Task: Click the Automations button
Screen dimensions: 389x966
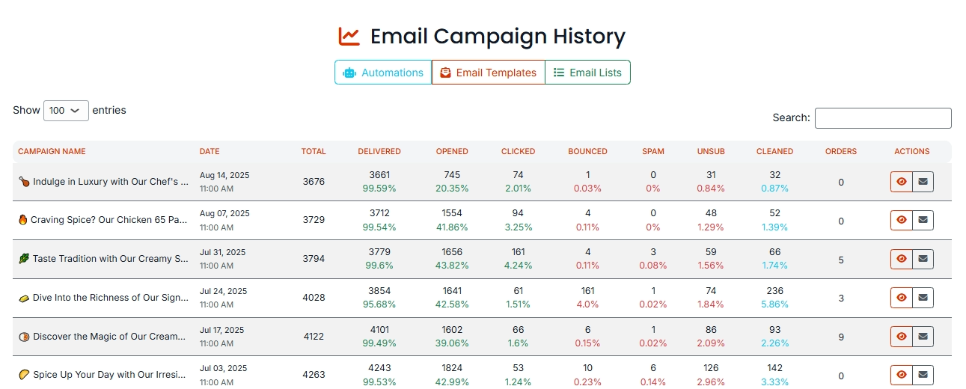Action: click(x=383, y=73)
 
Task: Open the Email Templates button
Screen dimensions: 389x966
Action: click(x=488, y=73)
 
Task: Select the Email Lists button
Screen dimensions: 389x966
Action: click(x=587, y=73)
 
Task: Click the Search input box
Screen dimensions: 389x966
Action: click(x=883, y=118)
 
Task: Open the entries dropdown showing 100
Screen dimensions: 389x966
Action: click(x=66, y=111)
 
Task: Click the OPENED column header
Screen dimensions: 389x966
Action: click(x=452, y=151)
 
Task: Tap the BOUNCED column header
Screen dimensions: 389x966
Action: click(x=587, y=151)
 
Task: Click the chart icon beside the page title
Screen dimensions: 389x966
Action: click(x=349, y=36)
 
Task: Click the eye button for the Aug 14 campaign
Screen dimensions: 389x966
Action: click(x=902, y=182)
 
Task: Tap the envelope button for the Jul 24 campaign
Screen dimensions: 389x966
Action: click(x=923, y=298)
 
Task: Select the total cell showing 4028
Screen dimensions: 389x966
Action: click(x=314, y=298)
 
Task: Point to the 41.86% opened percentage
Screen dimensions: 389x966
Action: click(x=452, y=227)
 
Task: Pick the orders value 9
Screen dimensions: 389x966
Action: click(x=841, y=337)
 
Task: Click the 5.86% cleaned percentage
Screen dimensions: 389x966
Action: click(x=774, y=304)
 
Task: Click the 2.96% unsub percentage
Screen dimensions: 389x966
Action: click(x=711, y=382)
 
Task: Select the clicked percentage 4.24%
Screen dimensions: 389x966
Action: click(x=518, y=266)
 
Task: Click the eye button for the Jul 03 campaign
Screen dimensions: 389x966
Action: click(x=902, y=375)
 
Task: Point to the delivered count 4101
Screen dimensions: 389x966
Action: click(x=379, y=330)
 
